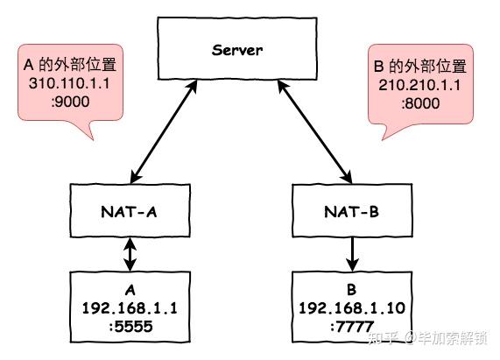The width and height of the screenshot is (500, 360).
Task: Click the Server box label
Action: pyautogui.click(x=236, y=50)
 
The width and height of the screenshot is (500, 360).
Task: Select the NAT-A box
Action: pyautogui.click(x=129, y=210)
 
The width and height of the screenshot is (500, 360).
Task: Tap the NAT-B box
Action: pyautogui.click(x=351, y=210)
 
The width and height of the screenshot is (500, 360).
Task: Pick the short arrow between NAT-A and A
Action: pyautogui.click(x=130, y=254)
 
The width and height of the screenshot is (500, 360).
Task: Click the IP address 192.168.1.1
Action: pyautogui.click(x=130, y=309)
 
